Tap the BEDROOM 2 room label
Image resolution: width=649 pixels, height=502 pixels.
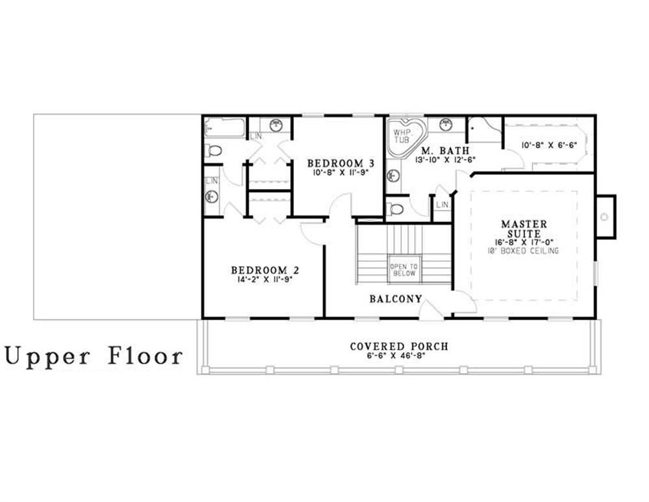pos(264,270)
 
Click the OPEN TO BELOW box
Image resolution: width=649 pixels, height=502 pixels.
pos(404,270)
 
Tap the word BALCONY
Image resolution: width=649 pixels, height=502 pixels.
pos(395,299)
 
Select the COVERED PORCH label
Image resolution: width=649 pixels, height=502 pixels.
pos(398,346)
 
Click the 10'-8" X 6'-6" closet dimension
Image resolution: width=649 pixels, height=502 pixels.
pos(549,145)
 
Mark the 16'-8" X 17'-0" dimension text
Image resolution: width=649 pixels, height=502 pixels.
pos(524,242)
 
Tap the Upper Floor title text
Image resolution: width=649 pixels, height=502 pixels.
pos(94,356)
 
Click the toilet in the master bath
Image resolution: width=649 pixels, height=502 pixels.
pos(396,209)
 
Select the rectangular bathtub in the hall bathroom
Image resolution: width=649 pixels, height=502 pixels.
pos(225,127)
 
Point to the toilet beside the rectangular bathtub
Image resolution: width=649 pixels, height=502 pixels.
pos(213,151)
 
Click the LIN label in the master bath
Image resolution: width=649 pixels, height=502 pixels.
pos(442,205)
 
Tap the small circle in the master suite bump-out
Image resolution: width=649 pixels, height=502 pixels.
pos(605,217)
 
